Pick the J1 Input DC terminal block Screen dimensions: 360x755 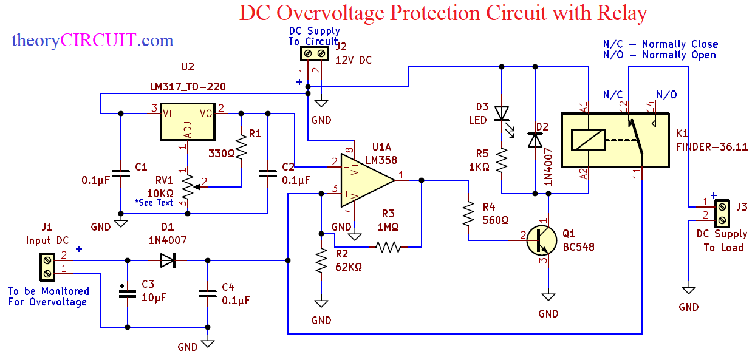tap(47, 267)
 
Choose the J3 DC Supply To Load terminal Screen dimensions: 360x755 tap(721, 213)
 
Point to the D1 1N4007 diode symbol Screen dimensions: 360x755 tap(168, 260)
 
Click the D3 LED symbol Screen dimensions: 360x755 tap(502, 114)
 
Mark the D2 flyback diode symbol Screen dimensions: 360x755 tap(535, 140)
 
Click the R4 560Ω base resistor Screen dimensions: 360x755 tap(468, 213)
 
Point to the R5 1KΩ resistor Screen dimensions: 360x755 tap(502, 161)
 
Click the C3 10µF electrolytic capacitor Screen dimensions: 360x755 tap(128, 294)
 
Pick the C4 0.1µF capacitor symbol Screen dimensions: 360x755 tap(208, 294)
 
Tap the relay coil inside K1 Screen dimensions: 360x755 tap(588, 140)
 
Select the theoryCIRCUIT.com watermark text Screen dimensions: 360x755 tap(92, 41)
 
